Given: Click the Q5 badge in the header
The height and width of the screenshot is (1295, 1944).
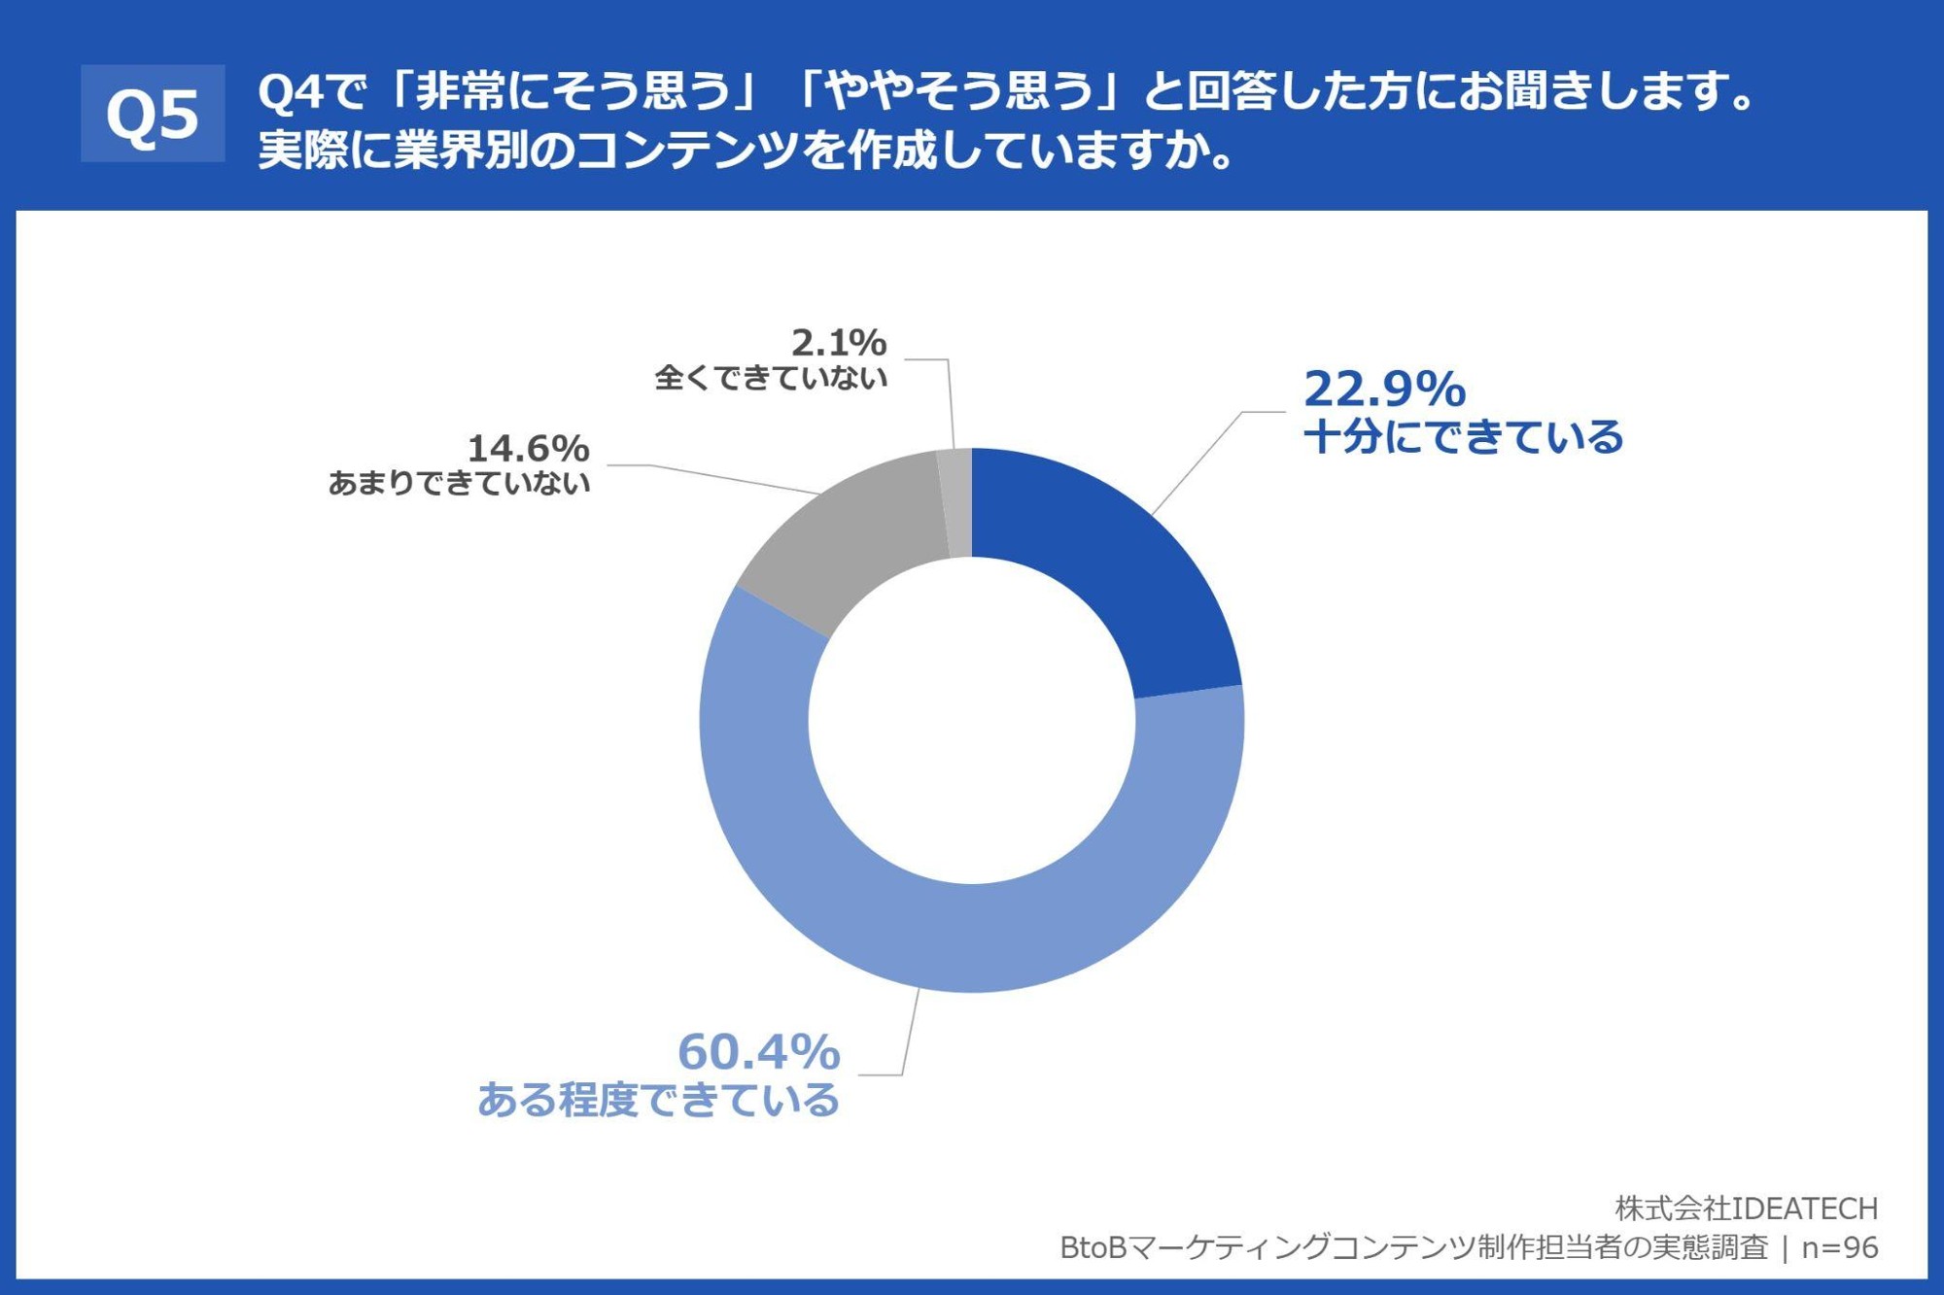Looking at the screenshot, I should pyautogui.click(x=153, y=114).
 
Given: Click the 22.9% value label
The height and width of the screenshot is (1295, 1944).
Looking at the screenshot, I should pyautogui.click(x=1384, y=389).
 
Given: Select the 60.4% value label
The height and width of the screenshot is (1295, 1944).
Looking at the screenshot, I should pyautogui.click(x=758, y=1051).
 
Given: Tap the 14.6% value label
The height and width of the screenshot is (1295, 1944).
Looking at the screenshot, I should pyautogui.click(x=528, y=449).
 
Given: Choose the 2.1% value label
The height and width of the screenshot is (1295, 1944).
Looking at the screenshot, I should pyautogui.click(x=838, y=342).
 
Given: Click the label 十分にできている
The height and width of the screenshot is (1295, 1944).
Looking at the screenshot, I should pyautogui.click(x=1463, y=437).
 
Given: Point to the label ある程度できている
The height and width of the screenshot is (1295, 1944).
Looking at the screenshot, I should pyautogui.click(x=658, y=1100).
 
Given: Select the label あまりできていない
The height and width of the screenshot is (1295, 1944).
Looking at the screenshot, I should pyautogui.click(x=459, y=483).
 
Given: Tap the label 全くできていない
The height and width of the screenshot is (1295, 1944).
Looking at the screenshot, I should pyautogui.click(x=771, y=377).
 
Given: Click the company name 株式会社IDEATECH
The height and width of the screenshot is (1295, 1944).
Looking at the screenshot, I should pyautogui.click(x=1746, y=1208).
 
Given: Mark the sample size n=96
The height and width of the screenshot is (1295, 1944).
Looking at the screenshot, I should pyautogui.click(x=1839, y=1247).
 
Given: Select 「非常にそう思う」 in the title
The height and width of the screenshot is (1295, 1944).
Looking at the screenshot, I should pyautogui.click(x=573, y=92).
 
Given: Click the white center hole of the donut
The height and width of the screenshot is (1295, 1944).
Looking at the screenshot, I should pyautogui.click(x=972, y=721).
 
